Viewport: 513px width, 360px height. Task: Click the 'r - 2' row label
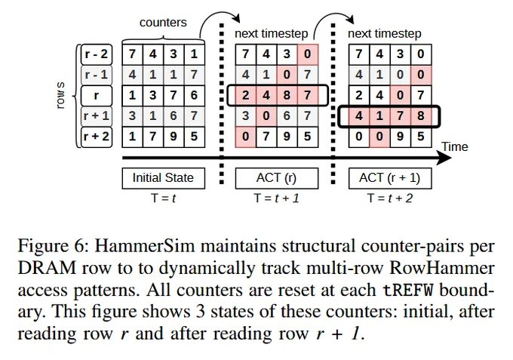pos(97,54)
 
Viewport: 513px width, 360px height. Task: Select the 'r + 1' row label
pos(97,116)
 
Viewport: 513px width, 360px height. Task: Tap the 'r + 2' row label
pos(97,137)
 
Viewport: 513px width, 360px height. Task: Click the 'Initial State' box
pos(163,178)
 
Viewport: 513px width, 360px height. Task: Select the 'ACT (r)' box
pos(276,178)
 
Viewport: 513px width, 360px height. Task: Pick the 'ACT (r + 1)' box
pos(390,178)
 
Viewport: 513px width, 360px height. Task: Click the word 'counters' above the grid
pos(163,23)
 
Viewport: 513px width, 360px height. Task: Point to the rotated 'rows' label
pos(60,96)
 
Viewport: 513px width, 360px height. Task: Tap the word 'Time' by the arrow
pos(455,146)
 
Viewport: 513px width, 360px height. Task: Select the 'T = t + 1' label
pos(276,198)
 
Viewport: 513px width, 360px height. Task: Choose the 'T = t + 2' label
pos(390,198)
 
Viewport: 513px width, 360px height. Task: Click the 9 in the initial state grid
pos(174,137)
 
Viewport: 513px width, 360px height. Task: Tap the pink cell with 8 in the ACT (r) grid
pos(287,96)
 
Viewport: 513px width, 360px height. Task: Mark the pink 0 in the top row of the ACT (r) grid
pos(308,54)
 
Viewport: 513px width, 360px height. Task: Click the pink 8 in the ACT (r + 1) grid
pos(421,116)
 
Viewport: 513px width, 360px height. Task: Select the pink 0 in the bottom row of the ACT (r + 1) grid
pos(379,137)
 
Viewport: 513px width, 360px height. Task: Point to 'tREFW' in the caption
pos(408,291)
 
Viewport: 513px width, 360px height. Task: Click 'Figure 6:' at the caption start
pos(53,247)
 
